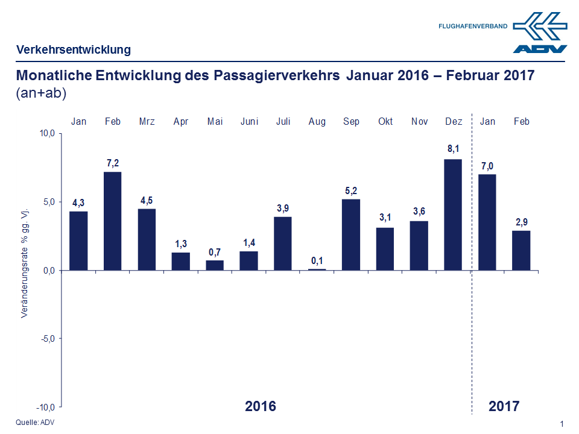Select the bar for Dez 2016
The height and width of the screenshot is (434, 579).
[x=453, y=214]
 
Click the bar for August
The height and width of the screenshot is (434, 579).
[x=317, y=269]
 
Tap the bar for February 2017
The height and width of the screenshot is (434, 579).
[x=521, y=250]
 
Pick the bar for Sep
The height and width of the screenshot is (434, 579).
[x=351, y=234]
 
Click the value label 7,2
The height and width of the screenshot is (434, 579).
[x=113, y=163]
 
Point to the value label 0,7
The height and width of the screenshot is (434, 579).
[x=215, y=251]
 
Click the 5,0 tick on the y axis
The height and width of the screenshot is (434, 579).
[x=47, y=202]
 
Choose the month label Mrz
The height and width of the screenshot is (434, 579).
[x=147, y=122]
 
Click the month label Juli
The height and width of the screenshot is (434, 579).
[x=283, y=122]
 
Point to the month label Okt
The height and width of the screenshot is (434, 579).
[x=385, y=122]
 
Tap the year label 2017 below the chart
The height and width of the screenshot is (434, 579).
[x=504, y=406]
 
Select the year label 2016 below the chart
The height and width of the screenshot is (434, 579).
[x=261, y=406]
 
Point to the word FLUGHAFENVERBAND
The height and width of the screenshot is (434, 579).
[x=472, y=27]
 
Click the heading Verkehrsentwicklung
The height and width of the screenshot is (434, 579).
[x=73, y=50]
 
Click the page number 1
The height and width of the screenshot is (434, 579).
[x=562, y=424]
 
